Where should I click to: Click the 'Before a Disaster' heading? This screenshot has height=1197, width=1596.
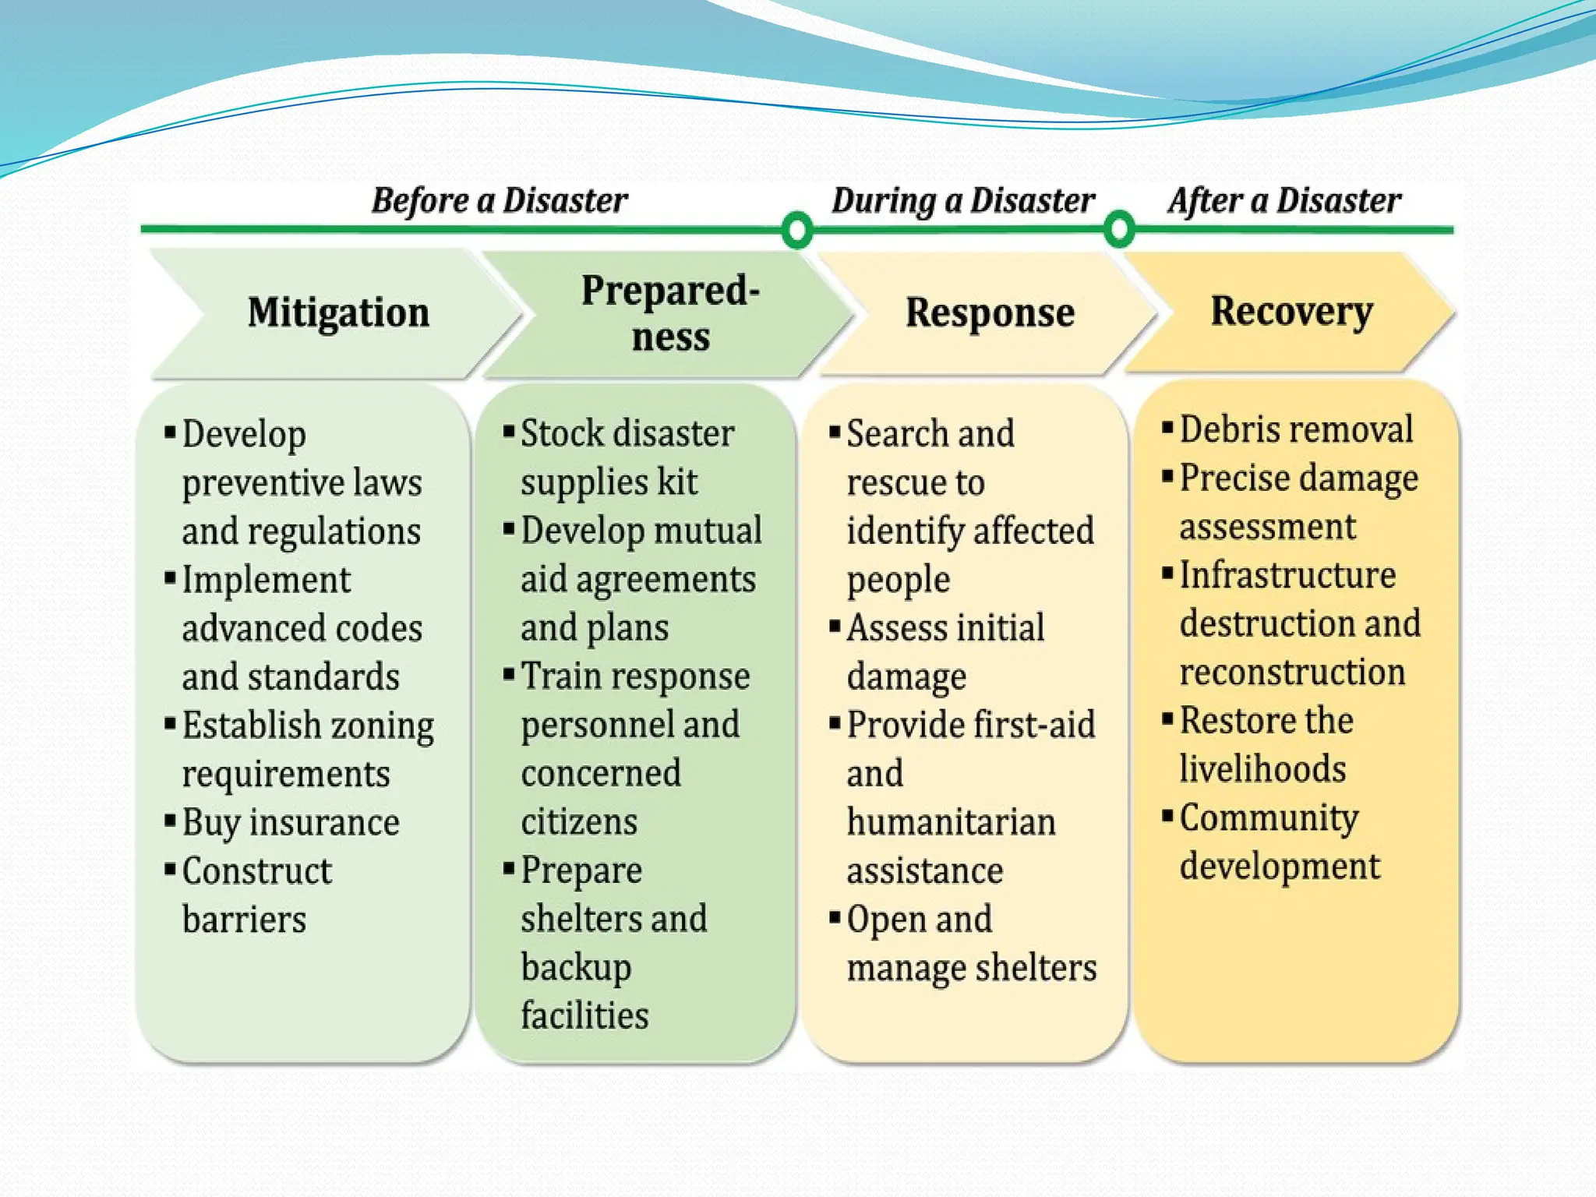[x=499, y=201]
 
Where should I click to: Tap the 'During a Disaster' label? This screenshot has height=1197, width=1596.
[x=963, y=201]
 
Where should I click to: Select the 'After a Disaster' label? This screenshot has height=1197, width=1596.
[x=1284, y=201]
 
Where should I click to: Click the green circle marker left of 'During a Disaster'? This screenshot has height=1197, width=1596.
[x=797, y=230]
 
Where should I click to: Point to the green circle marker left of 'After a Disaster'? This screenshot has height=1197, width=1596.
[x=1120, y=230]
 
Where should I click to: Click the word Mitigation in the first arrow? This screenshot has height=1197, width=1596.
[x=338, y=312]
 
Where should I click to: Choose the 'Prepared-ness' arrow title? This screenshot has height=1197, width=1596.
[x=670, y=314]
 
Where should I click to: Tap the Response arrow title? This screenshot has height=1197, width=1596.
[x=990, y=312]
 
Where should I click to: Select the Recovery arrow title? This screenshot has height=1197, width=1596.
[x=1291, y=311]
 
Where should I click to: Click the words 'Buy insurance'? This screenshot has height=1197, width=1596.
[x=291, y=823]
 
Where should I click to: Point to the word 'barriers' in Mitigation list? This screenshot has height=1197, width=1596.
[x=244, y=920]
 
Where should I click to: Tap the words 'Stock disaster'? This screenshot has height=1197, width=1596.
[x=627, y=433]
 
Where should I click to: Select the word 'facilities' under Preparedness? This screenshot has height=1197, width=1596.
[x=584, y=1015]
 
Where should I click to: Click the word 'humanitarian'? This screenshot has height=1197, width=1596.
[x=951, y=823]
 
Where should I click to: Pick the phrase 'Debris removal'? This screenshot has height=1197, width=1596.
[x=1295, y=429]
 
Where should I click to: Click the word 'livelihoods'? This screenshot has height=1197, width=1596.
[x=1262, y=769]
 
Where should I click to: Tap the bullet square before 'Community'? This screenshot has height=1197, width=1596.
[x=1167, y=817]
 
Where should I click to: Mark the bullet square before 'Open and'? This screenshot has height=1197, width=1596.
[x=835, y=916]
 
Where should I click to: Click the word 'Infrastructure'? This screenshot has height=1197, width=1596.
[x=1287, y=575]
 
